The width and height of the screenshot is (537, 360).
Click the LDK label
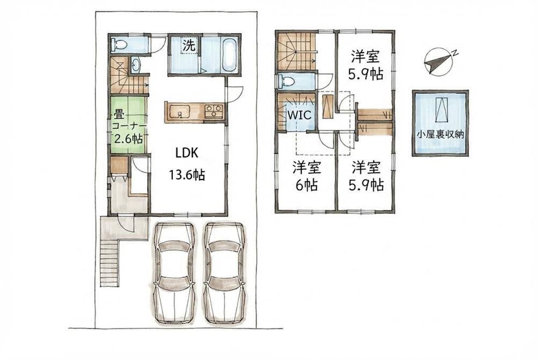187,153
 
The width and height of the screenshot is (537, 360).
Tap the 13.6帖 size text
187,175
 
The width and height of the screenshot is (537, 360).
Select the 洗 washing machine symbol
188,45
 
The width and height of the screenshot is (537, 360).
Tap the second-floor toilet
286,82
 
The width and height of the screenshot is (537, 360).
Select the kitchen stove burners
213,111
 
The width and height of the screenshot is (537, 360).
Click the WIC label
299,115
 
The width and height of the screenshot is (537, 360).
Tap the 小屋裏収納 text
440,134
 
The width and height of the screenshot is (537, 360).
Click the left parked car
174,273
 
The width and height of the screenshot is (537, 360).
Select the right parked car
224,273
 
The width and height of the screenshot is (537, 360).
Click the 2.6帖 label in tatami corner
128,139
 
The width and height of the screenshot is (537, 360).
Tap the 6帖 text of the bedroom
307,185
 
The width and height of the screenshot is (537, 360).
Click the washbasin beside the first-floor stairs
135,64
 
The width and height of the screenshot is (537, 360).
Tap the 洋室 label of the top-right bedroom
365,56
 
